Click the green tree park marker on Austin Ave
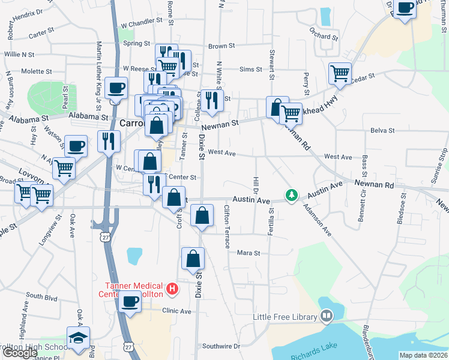pos(292,196)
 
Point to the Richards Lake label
pos(312,356)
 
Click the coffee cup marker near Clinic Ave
pos(130,302)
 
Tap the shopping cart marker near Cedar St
pos(340,73)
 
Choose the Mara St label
pos(248,253)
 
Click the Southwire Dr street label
pos(221,346)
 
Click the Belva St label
pos(382,130)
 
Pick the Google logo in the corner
pos(20,353)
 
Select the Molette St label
pos(37,71)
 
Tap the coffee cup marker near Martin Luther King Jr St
pos(116,88)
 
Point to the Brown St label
pos(221,46)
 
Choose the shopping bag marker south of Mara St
pos(193,259)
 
